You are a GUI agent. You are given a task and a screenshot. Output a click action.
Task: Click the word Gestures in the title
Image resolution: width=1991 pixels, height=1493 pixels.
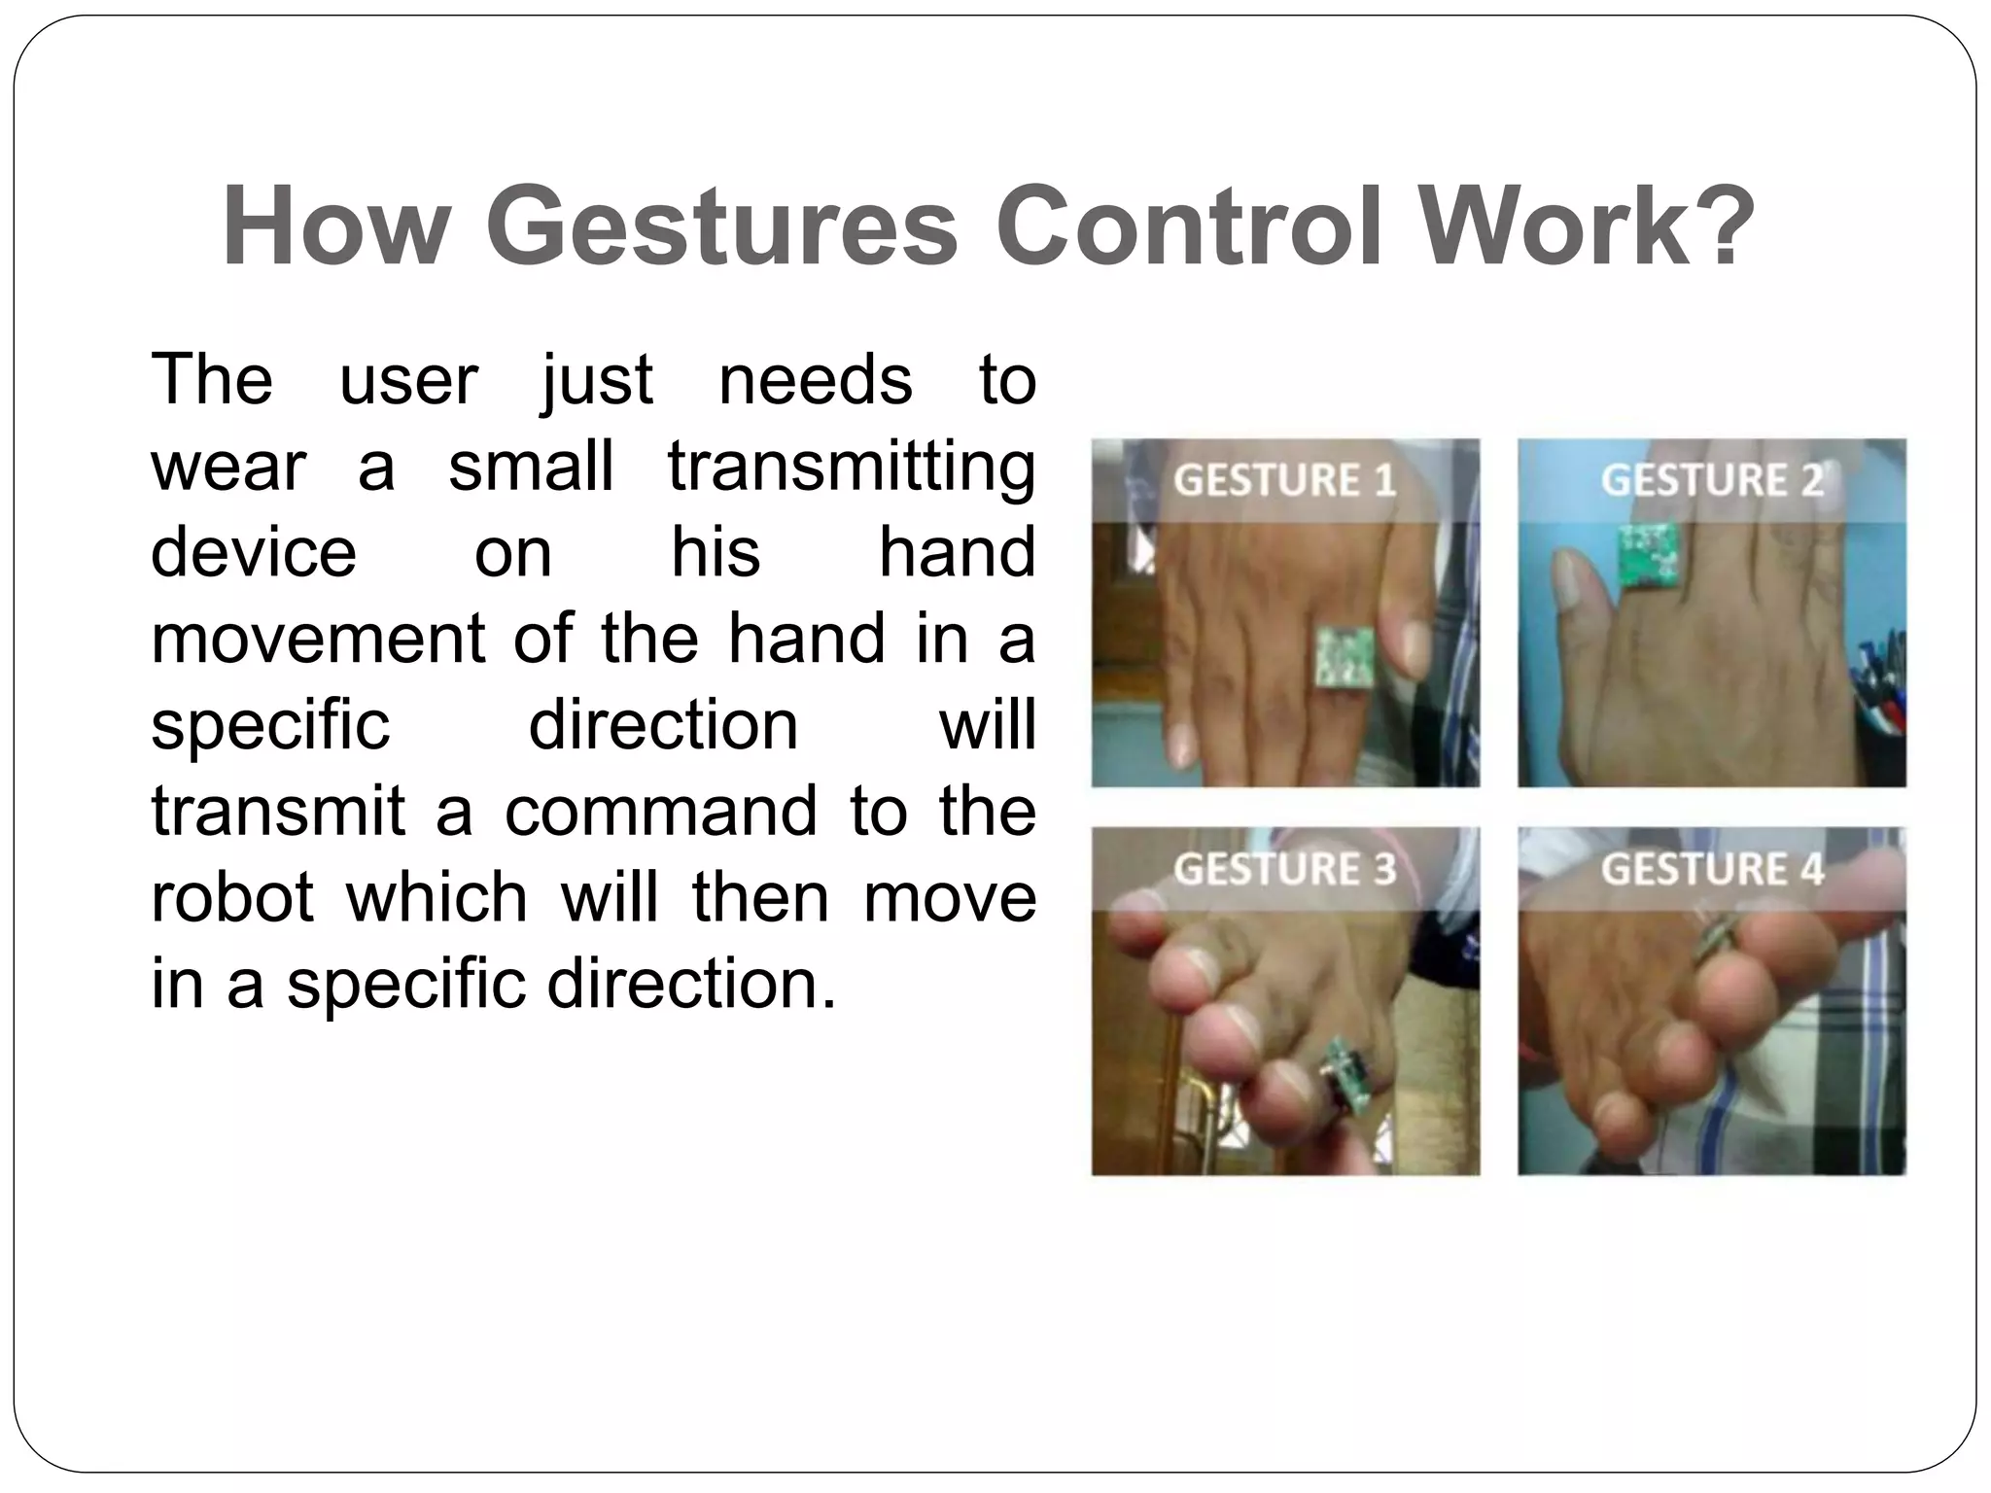coord(721,227)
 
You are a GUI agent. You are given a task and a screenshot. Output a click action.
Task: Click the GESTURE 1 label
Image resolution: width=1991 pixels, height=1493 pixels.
coord(1284,480)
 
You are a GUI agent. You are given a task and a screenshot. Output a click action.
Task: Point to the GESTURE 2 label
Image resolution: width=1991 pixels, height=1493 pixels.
coord(1711,480)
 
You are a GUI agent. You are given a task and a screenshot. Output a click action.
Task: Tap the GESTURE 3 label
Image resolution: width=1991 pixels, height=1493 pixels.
coord(1284,868)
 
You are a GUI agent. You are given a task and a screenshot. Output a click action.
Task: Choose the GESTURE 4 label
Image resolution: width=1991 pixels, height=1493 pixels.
coord(1711,868)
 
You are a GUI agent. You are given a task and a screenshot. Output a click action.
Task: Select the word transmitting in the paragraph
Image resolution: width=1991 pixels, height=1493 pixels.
coord(851,467)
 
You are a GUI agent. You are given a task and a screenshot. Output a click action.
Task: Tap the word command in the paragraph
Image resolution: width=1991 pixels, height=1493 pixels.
coord(660,811)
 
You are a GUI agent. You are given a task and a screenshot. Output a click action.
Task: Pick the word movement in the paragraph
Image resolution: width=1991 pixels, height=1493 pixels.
coord(318,639)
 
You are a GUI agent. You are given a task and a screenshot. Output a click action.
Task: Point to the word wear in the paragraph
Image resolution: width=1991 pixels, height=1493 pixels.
coord(228,467)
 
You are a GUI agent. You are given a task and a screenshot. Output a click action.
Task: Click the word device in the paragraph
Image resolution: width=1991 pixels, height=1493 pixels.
coord(254,552)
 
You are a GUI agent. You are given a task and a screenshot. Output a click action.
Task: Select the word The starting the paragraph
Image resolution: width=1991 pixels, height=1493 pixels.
coord(212,380)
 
